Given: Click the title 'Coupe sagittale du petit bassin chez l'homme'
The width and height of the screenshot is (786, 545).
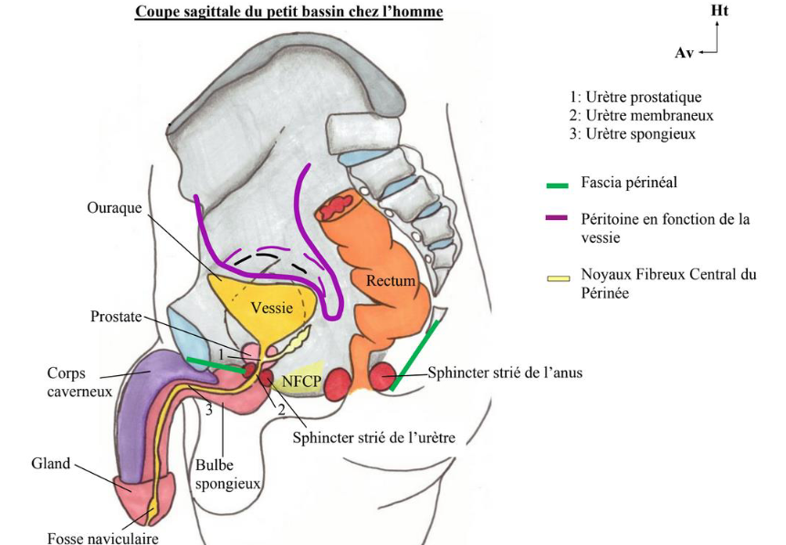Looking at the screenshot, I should (x=288, y=13).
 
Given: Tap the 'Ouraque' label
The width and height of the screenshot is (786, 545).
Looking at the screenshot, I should (x=114, y=207).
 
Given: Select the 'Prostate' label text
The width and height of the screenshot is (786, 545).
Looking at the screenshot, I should (x=116, y=317).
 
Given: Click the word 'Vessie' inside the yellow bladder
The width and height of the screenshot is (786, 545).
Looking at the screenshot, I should (x=271, y=309).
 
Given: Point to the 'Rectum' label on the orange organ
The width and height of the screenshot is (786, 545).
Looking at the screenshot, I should (x=391, y=281).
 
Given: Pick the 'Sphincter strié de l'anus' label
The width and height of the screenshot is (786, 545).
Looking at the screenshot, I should (x=505, y=372).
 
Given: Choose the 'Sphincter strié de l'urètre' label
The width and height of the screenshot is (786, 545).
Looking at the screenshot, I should (x=373, y=437).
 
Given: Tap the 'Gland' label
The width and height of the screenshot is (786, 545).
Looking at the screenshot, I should (x=51, y=464).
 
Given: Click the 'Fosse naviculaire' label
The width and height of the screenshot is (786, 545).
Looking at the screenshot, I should (x=103, y=538).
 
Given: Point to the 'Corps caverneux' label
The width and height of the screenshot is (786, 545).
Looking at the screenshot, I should (x=79, y=383).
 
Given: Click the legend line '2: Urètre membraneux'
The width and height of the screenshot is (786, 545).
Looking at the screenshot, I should (x=640, y=116).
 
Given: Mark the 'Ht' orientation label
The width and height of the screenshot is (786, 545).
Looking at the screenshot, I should (x=719, y=10).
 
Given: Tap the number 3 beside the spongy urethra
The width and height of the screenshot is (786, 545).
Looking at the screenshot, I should (x=208, y=411).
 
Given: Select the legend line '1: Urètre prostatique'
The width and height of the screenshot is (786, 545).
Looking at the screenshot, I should (x=635, y=98).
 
